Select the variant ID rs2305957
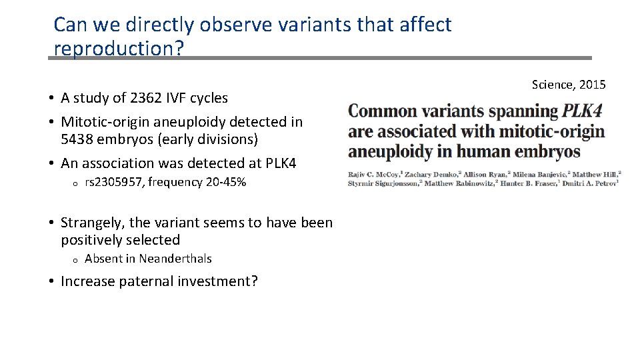tap(114, 182)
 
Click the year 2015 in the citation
tap(592, 85)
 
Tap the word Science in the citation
tap(553, 85)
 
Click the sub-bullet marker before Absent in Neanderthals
tap(77, 260)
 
